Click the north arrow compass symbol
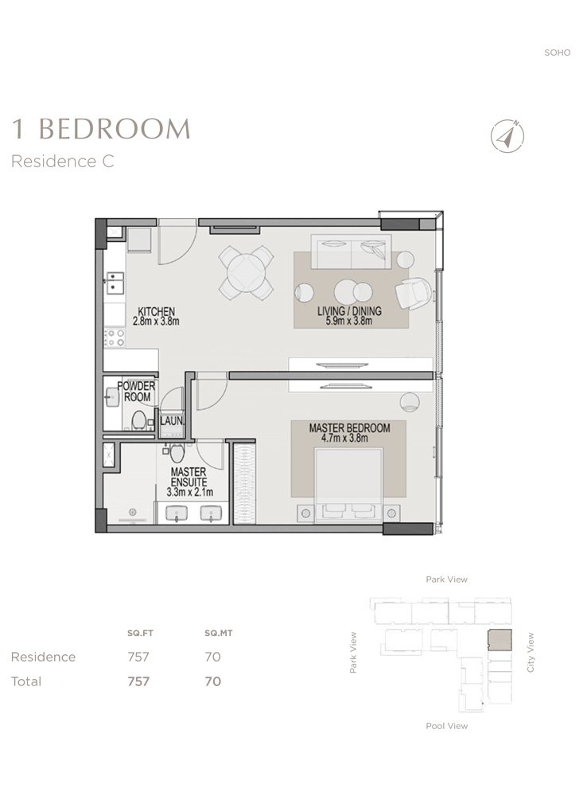[x=507, y=136]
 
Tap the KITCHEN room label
[x=156, y=311]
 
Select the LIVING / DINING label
[x=349, y=310]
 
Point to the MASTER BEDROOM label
[x=349, y=428]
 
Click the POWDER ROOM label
[x=137, y=392]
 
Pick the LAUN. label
[x=172, y=421]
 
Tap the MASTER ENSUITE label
[x=189, y=477]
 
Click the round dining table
[x=246, y=272]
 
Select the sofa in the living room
[x=351, y=252]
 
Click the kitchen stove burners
[x=115, y=338]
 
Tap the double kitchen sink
[x=115, y=283]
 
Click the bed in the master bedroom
[x=348, y=485]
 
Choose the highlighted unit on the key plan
[x=500, y=641]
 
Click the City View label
[x=531, y=653]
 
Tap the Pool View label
[x=447, y=726]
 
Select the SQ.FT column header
[x=140, y=633]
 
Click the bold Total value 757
[x=138, y=681]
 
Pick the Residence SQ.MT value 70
[x=212, y=657]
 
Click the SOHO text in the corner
[x=558, y=53]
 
